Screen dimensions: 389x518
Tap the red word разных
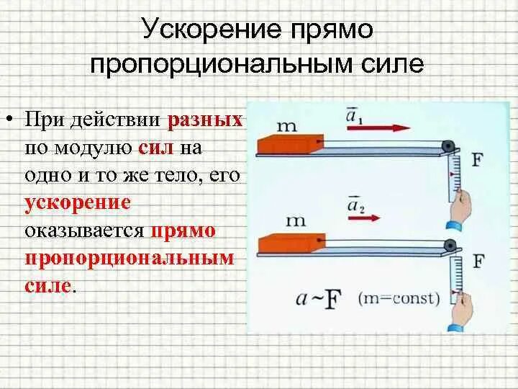click(x=206, y=120)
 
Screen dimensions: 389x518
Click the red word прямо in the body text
click(x=193, y=231)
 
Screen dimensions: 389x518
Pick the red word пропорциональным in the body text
click(x=130, y=259)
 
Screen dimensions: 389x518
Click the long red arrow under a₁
click(x=378, y=128)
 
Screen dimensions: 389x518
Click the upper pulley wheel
click(x=450, y=146)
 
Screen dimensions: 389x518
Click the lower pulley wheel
click(x=450, y=246)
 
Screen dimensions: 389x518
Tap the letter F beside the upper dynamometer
click(x=477, y=159)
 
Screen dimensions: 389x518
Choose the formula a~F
click(x=317, y=298)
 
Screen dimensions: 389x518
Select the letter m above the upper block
click(x=286, y=126)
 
